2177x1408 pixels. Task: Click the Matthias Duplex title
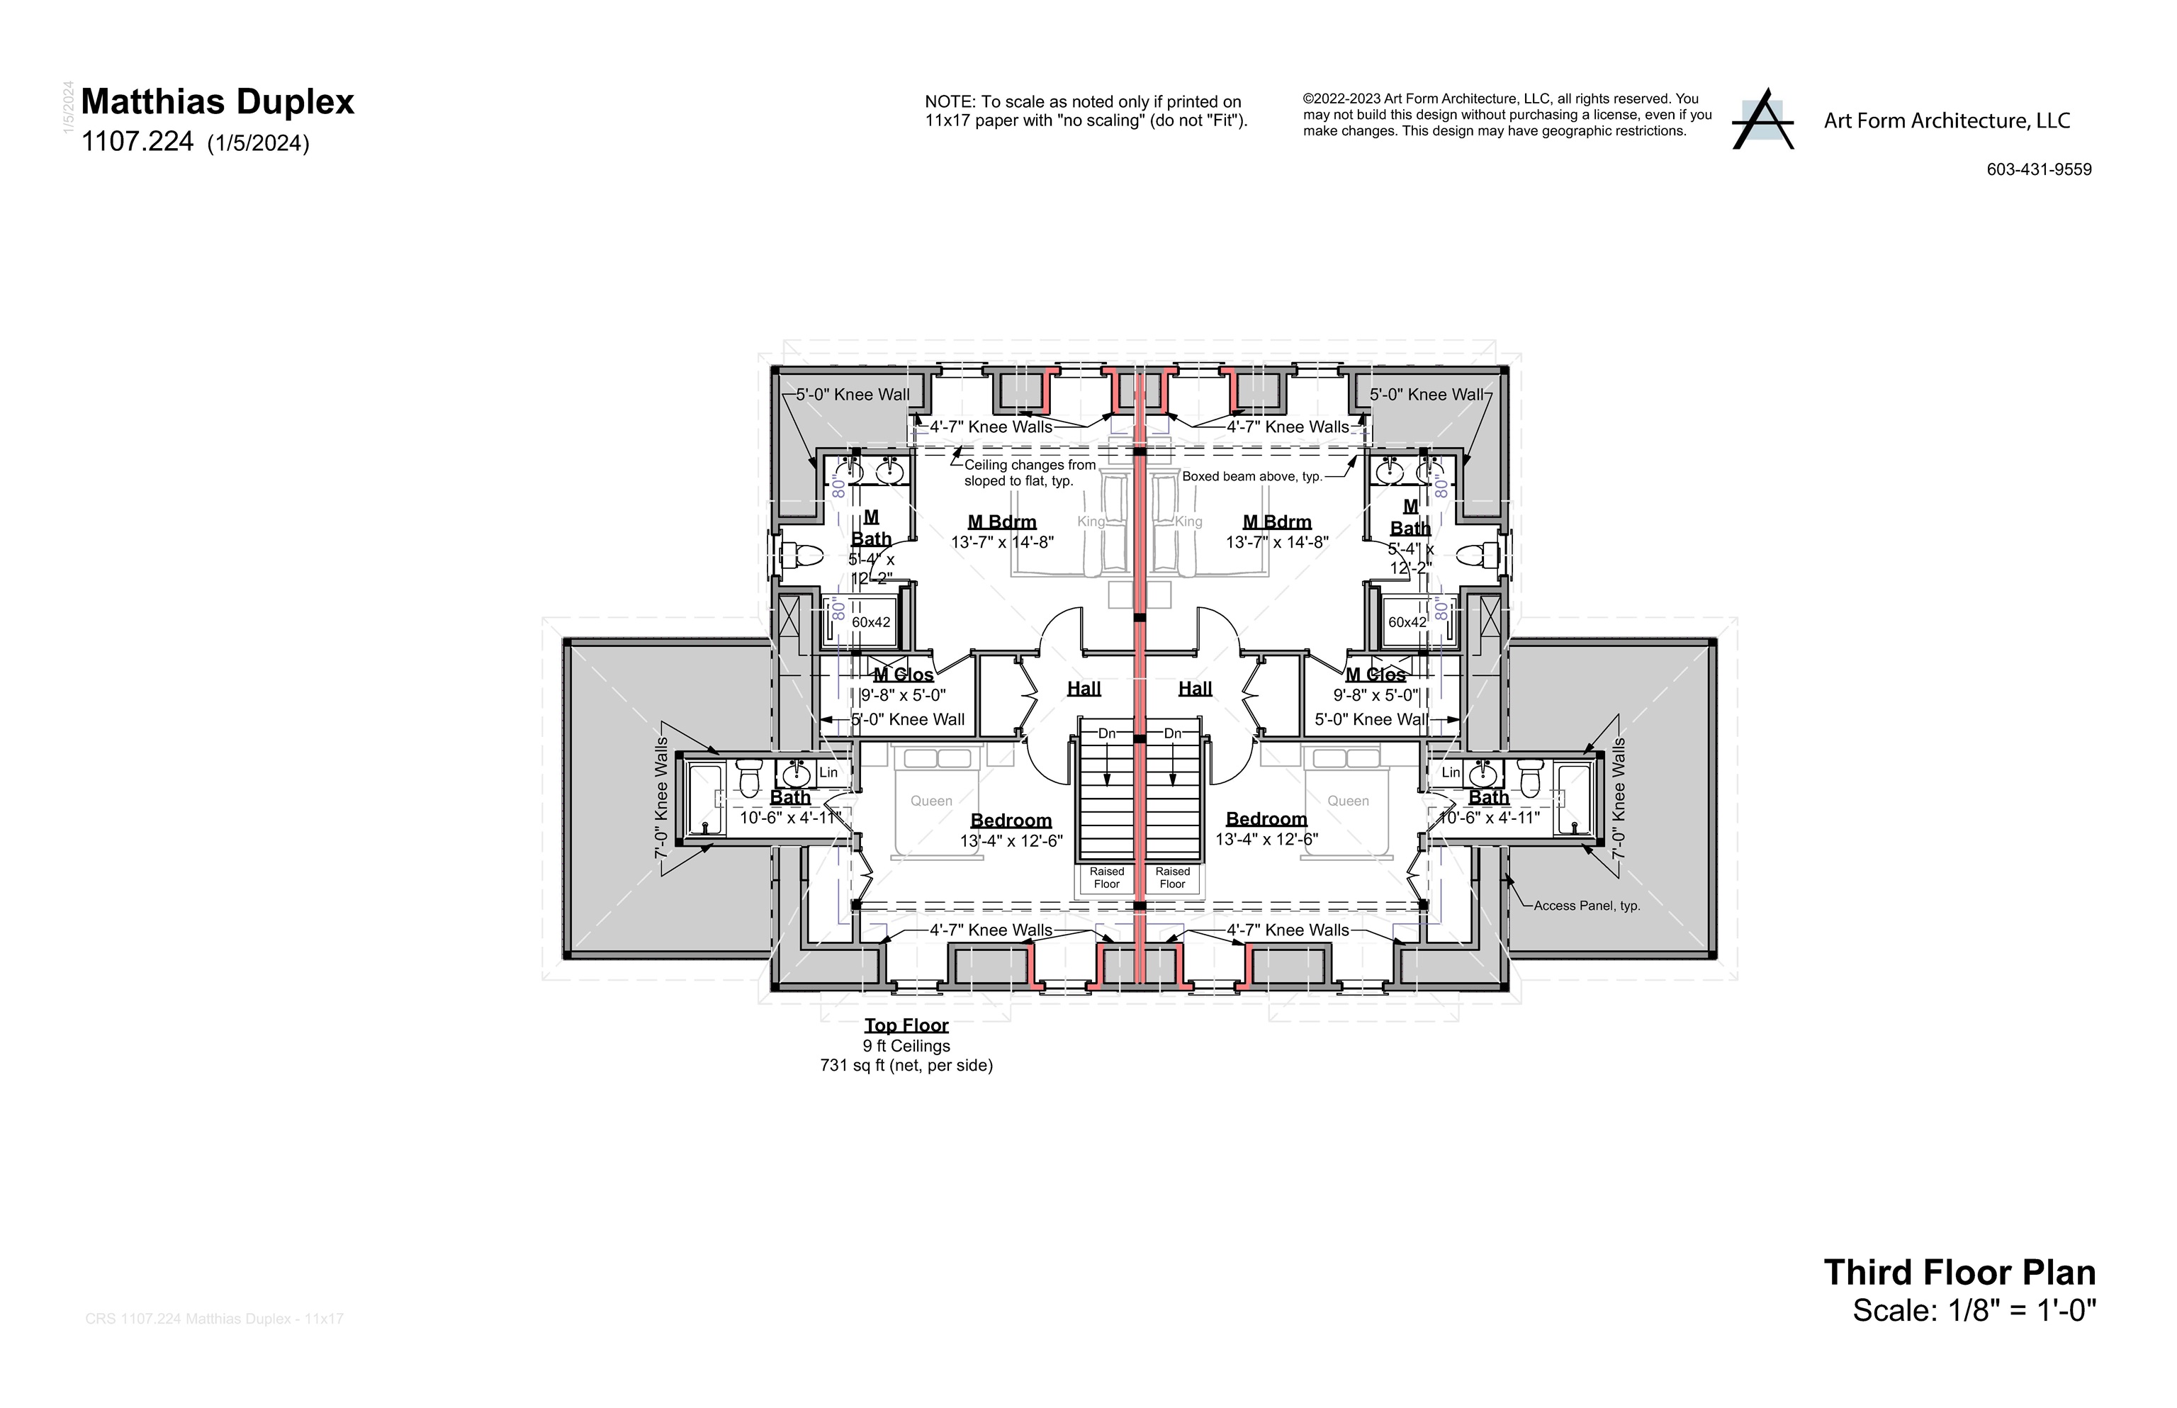pyautogui.click(x=217, y=101)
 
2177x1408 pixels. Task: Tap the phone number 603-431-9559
pyautogui.click(x=2038, y=169)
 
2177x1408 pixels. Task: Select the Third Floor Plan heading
pyautogui.click(x=1959, y=1273)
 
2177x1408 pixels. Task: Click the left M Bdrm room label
pyautogui.click(x=1001, y=522)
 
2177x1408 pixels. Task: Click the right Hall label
pyautogui.click(x=1194, y=689)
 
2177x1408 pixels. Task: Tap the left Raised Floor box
pyautogui.click(x=1106, y=878)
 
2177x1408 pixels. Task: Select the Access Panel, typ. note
pyautogui.click(x=1587, y=906)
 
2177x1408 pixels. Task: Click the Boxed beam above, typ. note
pyautogui.click(x=1251, y=476)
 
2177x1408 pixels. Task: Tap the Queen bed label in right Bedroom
pyautogui.click(x=1348, y=801)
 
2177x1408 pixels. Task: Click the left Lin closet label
pyautogui.click(x=828, y=772)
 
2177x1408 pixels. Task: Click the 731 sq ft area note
pyautogui.click(x=906, y=1065)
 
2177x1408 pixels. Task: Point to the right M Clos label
pyautogui.click(x=1374, y=675)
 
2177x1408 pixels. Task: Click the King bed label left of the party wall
pyautogui.click(x=1090, y=521)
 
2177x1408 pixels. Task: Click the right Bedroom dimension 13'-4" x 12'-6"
pyautogui.click(x=1266, y=839)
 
